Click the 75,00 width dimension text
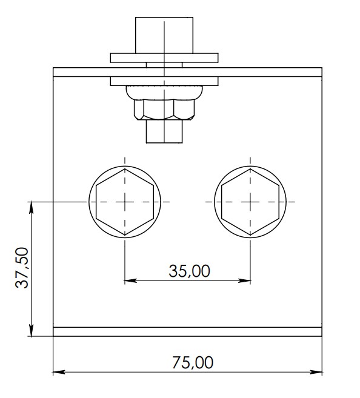[x=193, y=362]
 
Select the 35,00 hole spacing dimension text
[x=189, y=271]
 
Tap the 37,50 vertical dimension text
[x=22, y=268]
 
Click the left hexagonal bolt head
[x=125, y=202]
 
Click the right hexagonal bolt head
[x=250, y=202]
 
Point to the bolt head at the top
[x=164, y=35]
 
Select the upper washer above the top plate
[x=164, y=58]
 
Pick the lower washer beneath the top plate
[x=164, y=81]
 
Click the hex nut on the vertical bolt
[x=164, y=110]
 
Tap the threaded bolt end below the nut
[x=164, y=131]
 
